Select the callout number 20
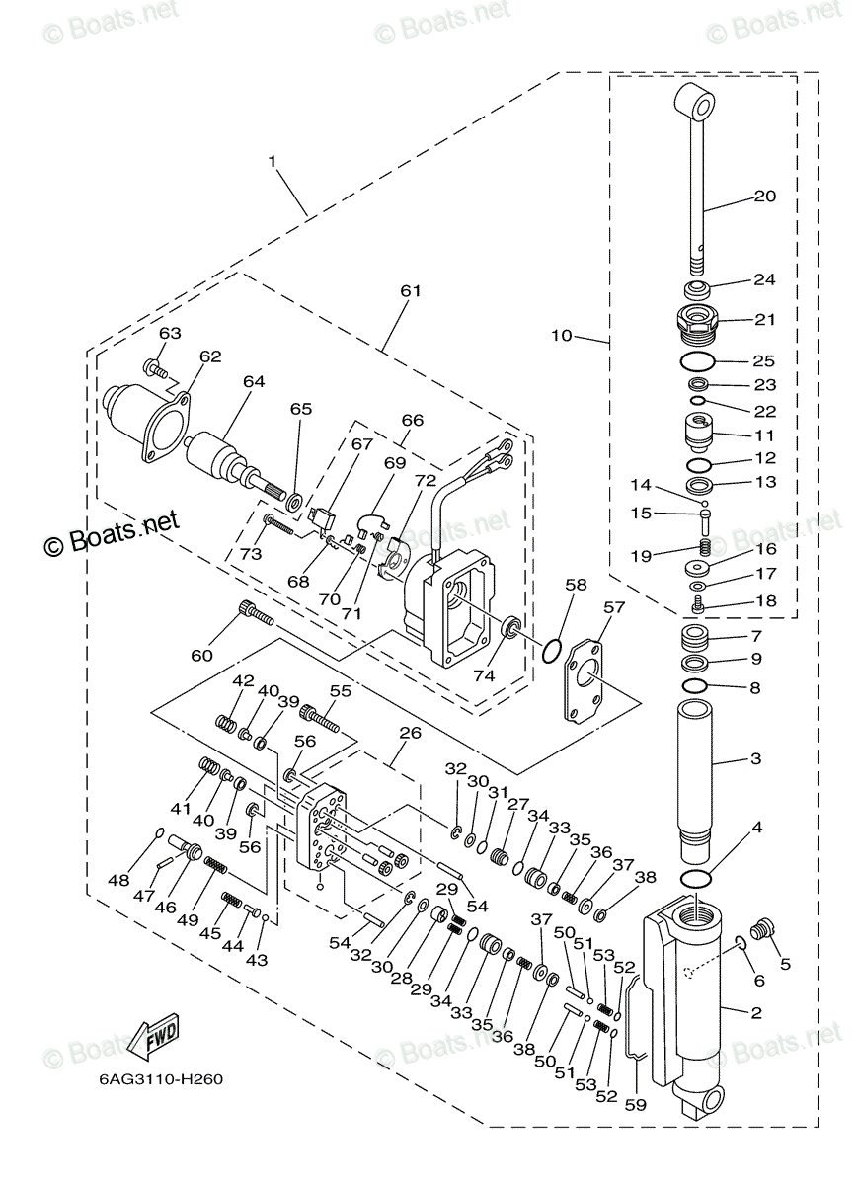pos(764,196)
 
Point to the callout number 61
pos(410,291)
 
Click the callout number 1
pos(272,160)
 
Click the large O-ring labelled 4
pos(698,879)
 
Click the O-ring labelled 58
pos(553,653)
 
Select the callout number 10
pos(561,335)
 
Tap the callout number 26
pos(410,733)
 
